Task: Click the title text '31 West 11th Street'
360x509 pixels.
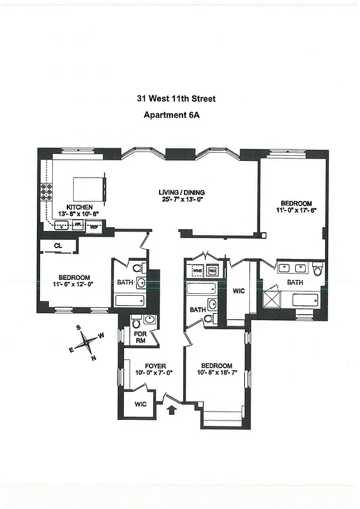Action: (176, 99)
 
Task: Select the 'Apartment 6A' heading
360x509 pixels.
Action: (176, 115)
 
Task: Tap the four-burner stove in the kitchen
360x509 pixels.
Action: (47, 191)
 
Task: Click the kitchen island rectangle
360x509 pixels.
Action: (87, 188)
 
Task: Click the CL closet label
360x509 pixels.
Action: (57, 245)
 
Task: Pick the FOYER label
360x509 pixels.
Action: (155, 365)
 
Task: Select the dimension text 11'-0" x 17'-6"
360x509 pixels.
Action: (296, 209)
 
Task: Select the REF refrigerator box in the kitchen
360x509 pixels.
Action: (94, 225)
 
